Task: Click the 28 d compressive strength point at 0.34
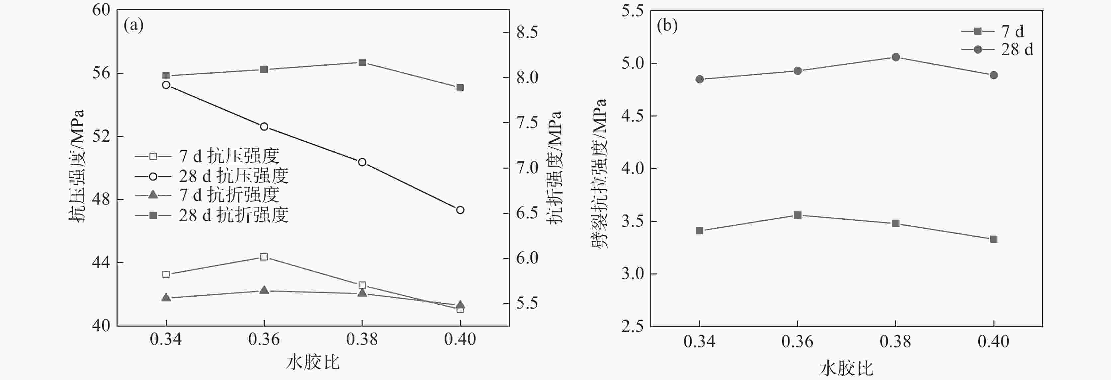tap(166, 85)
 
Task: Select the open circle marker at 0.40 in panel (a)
tap(460, 210)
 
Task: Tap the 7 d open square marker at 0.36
tap(264, 257)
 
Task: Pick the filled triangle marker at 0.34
tap(166, 297)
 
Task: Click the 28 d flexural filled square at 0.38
tap(362, 62)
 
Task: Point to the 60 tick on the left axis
tap(101, 10)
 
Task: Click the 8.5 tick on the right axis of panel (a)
tap(527, 32)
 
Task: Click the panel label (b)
tap(667, 26)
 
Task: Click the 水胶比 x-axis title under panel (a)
tap(313, 362)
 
